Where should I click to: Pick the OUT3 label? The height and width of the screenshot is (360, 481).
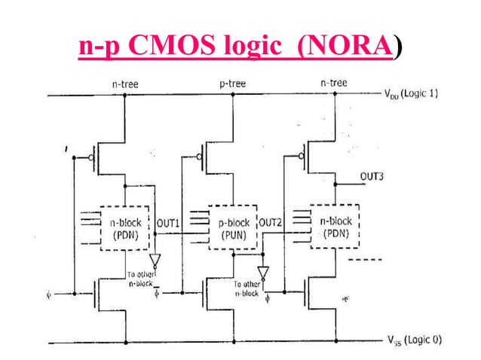click(x=372, y=177)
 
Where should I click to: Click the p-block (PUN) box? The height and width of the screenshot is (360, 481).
click(x=234, y=228)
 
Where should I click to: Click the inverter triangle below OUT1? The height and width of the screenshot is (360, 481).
click(x=155, y=261)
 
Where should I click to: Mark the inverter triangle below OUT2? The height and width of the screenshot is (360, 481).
click(x=262, y=271)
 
